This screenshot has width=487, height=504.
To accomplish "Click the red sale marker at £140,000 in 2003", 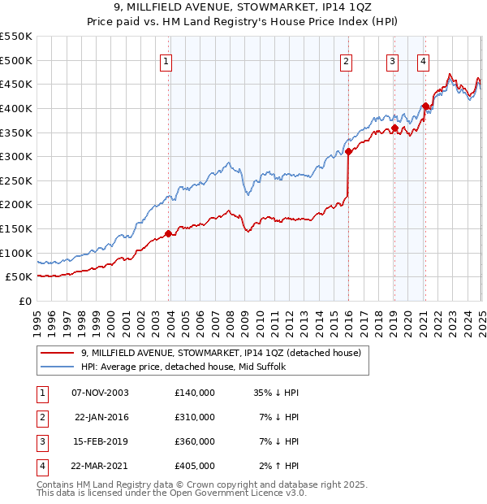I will (x=168, y=233).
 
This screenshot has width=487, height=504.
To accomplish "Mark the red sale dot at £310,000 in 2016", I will (x=348, y=151).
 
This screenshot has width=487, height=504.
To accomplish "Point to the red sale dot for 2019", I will (x=394, y=128).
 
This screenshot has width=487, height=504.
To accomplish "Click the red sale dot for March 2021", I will (x=425, y=106).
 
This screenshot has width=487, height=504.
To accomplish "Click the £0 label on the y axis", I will (x=24, y=301).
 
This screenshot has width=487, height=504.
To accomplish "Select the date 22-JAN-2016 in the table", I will (x=100, y=417).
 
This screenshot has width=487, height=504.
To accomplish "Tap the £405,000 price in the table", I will (x=194, y=466).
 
